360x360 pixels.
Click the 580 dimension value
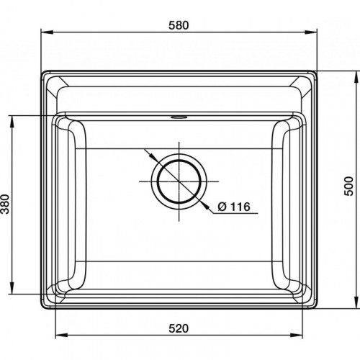[x=179, y=25]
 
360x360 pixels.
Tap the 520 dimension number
[x=179, y=328]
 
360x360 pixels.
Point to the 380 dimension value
[x=5, y=204]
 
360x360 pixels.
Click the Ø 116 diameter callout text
[x=234, y=207]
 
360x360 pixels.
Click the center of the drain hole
[x=179, y=181]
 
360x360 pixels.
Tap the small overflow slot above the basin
[x=179, y=117]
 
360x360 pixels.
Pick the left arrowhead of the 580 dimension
[x=47, y=32]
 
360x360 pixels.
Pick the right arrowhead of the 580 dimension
[x=311, y=32]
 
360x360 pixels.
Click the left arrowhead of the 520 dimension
[x=61, y=335]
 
